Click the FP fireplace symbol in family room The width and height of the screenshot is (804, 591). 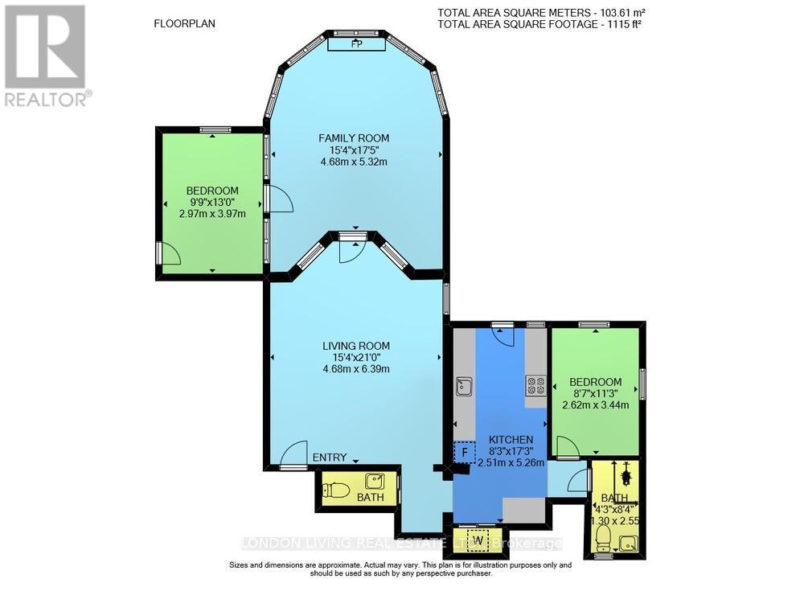tap(356, 46)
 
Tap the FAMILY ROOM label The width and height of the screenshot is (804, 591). tap(354, 138)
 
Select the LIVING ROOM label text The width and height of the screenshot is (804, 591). tap(355, 346)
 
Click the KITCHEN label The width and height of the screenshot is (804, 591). tap(511, 440)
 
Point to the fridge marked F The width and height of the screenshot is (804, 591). tap(464, 453)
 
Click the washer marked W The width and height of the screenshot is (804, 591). tap(478, 540)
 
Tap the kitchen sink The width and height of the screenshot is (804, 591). tap(464, 387)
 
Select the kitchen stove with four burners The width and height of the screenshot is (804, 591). tap(535, 386)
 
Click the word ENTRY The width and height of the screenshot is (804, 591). tap(330, 458)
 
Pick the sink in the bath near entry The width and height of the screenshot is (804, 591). tap(374, 482)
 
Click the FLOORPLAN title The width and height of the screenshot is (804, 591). tap(184, 23)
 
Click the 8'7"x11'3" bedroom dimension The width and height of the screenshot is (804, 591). tap(595, 393)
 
